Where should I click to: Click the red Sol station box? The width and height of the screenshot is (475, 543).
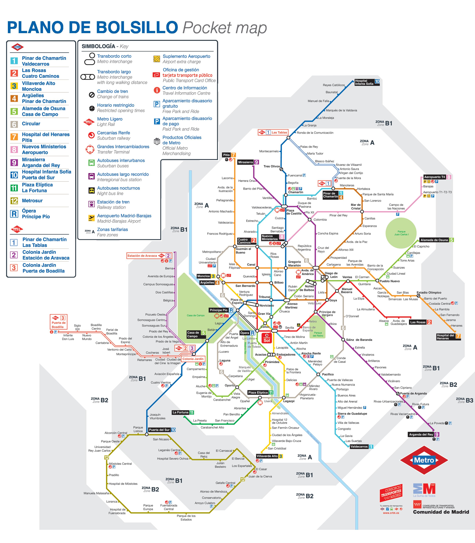(x=266, y=338)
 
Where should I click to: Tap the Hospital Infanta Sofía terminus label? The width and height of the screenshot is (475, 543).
(x=364, y=82)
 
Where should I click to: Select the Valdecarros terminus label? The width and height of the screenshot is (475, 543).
(x=359, y=446)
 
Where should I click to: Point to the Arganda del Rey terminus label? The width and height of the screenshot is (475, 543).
(x=421, y=434)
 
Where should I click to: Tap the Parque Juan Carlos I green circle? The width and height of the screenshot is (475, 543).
(x=401, y=233)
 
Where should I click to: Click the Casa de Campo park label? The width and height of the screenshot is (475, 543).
(x=196, y=315)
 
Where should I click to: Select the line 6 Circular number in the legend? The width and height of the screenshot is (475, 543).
(x=14, y=124)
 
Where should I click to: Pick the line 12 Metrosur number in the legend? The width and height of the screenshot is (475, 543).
(x=14, y=201)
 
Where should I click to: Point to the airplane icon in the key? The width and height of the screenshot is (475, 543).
(x=91, y=218)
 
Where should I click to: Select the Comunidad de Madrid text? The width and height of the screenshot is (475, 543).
(x=441, y=512)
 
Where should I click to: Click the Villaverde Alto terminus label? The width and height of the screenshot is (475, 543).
(x=267, y=456)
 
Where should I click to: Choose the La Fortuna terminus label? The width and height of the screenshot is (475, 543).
(x=180, y=412)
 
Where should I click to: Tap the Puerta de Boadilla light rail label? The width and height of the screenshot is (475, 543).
(x=59, y=325)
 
